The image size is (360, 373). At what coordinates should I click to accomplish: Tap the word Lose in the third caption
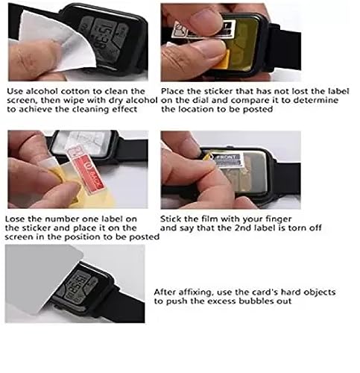click(x=16, y=219)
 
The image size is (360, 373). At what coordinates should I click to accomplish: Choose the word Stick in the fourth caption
click(x=172, y=219)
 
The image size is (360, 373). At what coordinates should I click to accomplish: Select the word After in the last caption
click(x=165, y=292)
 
